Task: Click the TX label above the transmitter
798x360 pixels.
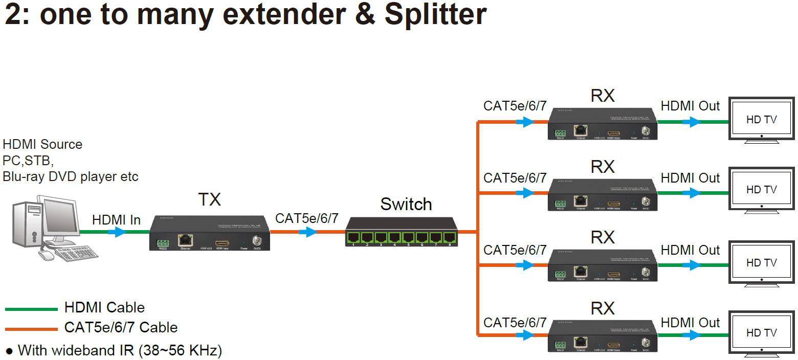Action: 209,199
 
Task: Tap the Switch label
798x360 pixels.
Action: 406,204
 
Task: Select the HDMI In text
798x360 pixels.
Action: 116,220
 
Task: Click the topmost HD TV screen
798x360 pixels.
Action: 761,119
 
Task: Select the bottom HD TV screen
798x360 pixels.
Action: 761,332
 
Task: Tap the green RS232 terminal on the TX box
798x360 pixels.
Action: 163,242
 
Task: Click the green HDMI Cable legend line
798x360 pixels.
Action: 32,309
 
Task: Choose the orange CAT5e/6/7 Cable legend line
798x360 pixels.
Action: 32,329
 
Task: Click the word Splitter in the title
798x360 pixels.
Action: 435,14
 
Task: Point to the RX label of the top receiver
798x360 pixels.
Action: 602,96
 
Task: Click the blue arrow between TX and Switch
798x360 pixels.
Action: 307,232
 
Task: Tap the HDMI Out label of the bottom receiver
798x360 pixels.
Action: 690,323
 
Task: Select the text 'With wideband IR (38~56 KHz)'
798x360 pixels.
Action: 120,351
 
